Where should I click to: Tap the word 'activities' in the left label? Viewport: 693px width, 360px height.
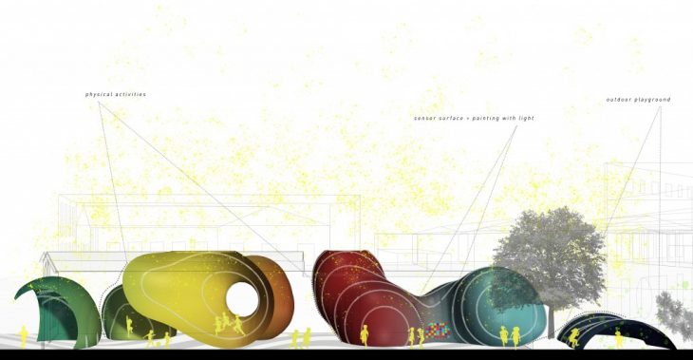coord(130,95)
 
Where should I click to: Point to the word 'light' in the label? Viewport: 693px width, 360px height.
coord(526,118)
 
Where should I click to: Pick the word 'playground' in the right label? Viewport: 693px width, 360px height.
coord(652,100)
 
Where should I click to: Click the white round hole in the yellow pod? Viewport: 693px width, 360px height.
coord(242,299)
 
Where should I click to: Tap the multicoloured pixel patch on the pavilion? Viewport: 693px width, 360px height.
coord(437,330)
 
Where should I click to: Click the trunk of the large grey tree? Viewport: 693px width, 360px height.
coord(551,322)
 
